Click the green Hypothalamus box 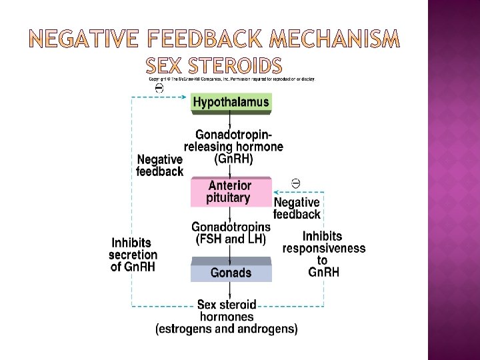click(231, 103)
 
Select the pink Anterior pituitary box click(230, 192)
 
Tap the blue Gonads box click(231, 273)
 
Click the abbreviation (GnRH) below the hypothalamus click(234, 159)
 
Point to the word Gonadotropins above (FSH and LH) click(231, 227)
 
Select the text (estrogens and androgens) click(227, 329)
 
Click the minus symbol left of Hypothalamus click(159, 87)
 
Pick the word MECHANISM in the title click(334, 41)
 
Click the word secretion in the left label click(133, 255)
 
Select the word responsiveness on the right click(324, 249)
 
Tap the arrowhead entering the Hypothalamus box click(187, 97)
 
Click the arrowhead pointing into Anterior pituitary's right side click(275, 193)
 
